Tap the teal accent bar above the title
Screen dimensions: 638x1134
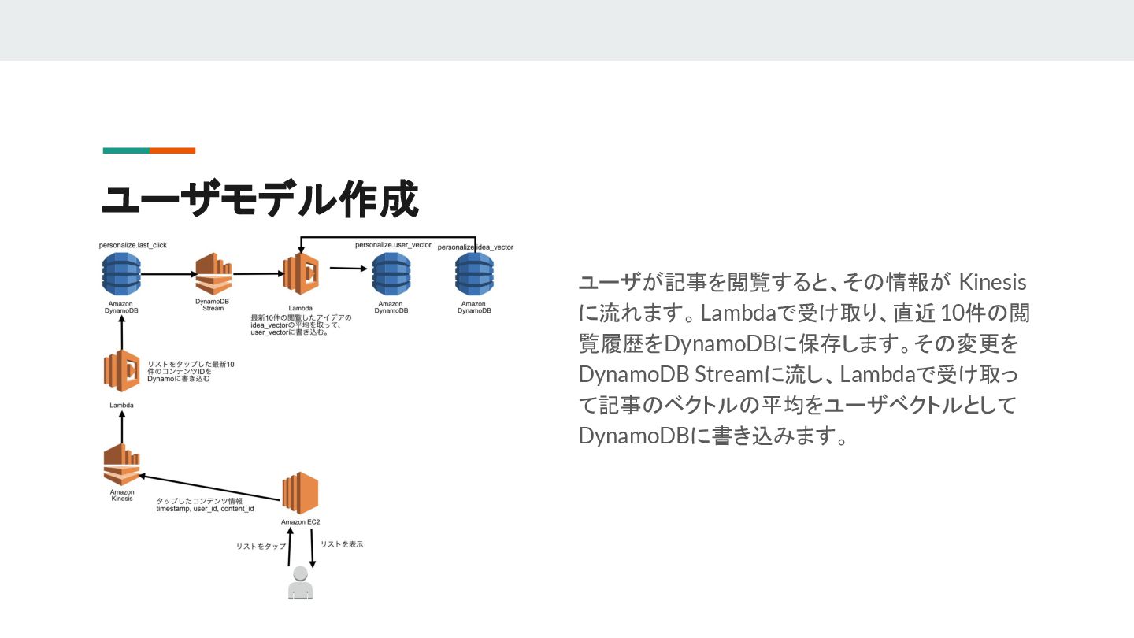point(126,150)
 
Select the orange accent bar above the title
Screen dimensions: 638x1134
point(172,150)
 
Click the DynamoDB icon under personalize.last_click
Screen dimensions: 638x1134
point(122,273)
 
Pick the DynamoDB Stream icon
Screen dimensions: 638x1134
point(213,274)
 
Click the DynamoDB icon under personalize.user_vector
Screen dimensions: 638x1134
point(391,273)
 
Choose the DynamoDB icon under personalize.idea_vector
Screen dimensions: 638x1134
point(474,274)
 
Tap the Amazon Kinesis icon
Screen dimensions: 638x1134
point(122,465)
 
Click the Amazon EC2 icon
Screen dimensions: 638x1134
point(300,493)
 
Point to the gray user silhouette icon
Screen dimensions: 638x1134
point(300,584)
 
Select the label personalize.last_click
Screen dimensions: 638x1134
point(133,245)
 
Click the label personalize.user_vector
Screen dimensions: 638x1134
point(393,245)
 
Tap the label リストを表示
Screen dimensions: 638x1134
point(342,544)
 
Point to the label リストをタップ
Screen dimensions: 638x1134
point(261,546)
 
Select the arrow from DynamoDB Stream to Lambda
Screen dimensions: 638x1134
point(258,274)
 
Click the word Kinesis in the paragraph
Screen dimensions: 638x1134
point(995,283)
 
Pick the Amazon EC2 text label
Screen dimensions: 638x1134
point(300,522)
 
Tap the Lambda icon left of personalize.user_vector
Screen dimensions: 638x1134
point(300,273)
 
